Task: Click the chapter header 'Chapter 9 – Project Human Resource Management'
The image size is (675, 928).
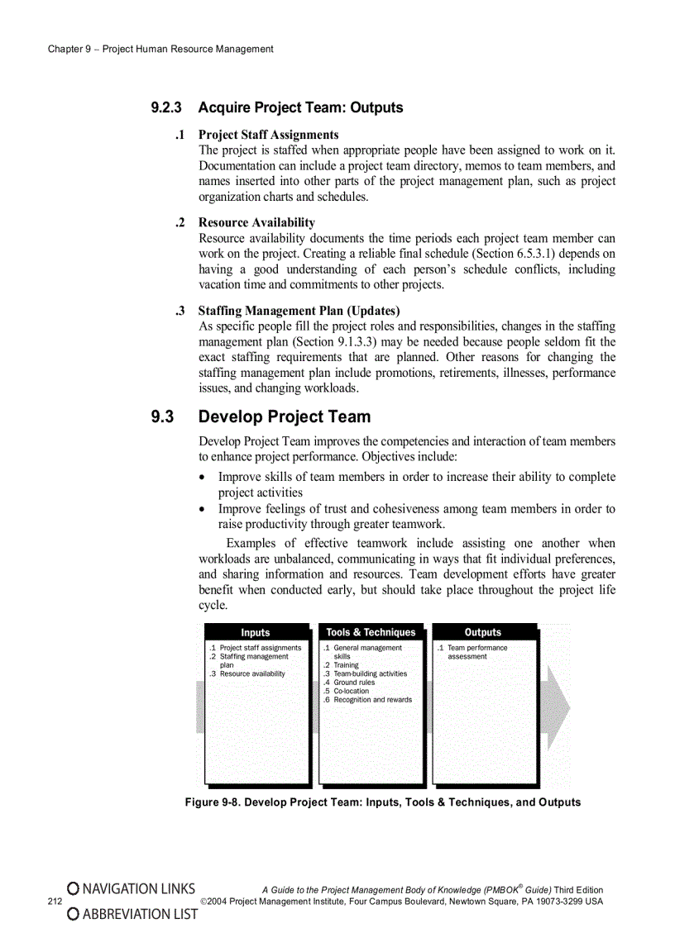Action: (160, 49)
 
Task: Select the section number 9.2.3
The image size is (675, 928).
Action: (170, 107)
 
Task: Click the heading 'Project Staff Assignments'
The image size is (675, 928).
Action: (268, 135)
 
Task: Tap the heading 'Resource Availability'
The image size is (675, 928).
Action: (256, 222)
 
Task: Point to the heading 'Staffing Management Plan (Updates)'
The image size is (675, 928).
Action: (299, 311)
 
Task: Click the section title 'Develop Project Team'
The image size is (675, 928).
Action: (285, 416)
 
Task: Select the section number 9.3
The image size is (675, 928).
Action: (162, 416)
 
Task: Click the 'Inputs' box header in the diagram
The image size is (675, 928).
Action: (255, 633)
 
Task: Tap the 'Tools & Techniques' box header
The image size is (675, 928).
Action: (371, 632)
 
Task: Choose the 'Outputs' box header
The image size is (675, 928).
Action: (483, 632)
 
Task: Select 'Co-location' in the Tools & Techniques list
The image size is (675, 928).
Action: (351, 691)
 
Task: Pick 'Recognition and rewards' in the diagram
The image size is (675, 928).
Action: (371, 700)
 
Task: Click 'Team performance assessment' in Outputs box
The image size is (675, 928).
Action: (476, 652)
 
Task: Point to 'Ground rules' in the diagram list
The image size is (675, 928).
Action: (353, 683)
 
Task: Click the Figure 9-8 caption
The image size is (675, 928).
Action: (382, 802)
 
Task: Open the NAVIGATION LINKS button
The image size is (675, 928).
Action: (132, 889)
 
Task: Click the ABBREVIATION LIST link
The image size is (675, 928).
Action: (132, 914)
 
